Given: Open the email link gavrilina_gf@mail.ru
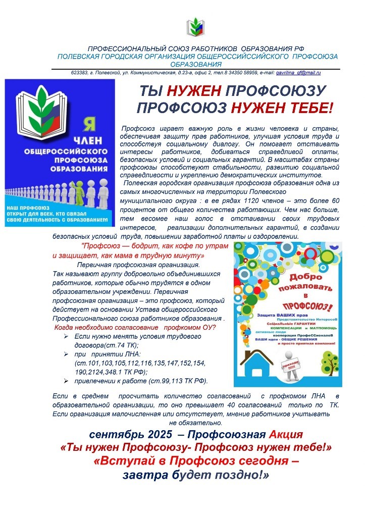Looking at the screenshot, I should [298, 73].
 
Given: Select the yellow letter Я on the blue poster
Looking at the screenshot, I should [87, 123].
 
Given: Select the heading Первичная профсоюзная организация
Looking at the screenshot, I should [138, 265].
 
